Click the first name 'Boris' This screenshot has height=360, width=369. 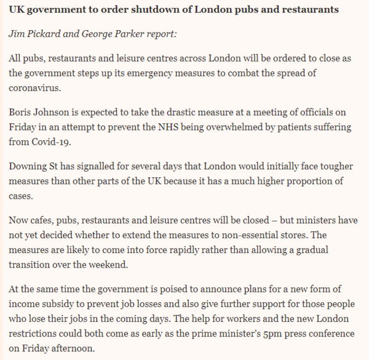[x=22, y=113]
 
